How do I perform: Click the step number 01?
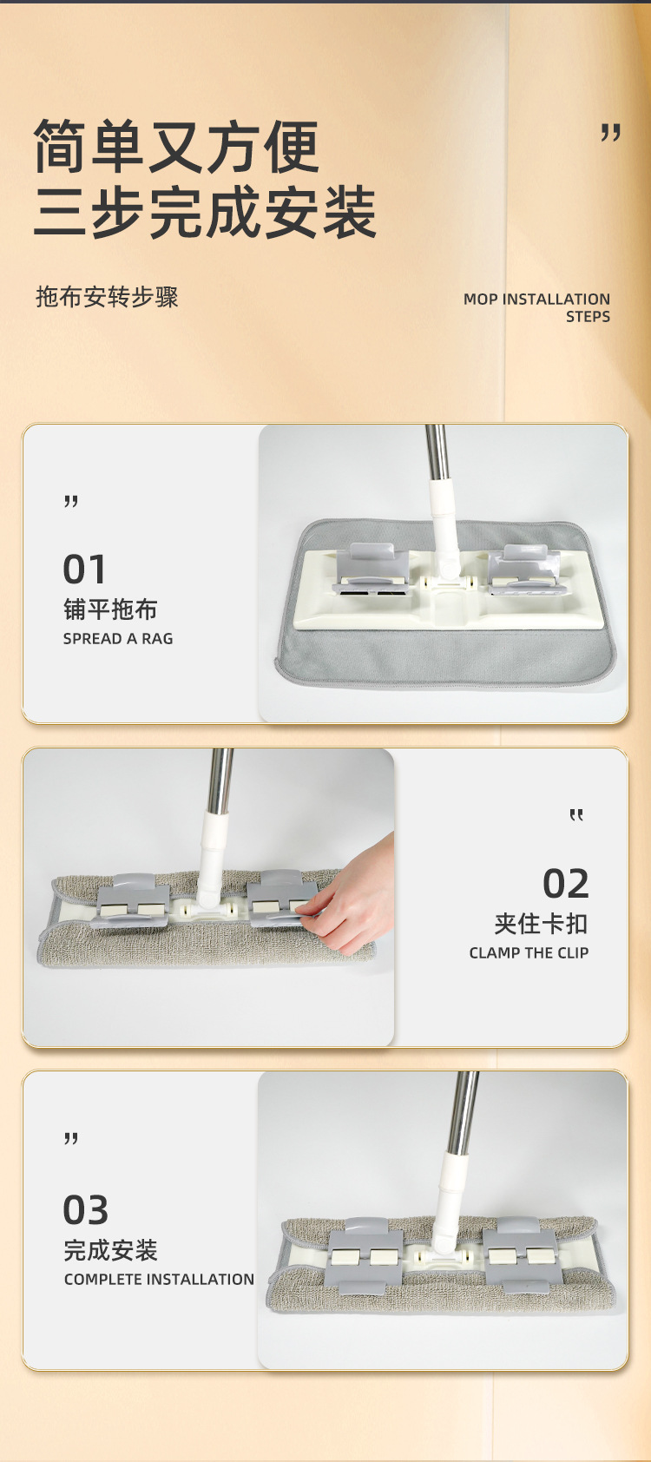pos(84,570)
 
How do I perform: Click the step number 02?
pos(566,884)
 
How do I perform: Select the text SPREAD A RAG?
pos(118,638)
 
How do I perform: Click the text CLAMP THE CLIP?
pos(529,953)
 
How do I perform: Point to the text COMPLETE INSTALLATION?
pos(159,1280)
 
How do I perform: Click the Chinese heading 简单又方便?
pos(176,146)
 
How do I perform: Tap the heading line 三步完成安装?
pos(205,212)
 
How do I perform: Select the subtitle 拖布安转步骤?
pos(107,297)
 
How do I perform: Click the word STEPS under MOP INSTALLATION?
pos(588,317)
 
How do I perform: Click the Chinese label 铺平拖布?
pos(110,609)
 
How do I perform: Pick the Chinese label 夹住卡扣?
pos(542,924)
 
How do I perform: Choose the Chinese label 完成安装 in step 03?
pos(111,1250)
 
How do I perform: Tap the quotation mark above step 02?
pos(576,815)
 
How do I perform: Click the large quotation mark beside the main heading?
pos(610,133)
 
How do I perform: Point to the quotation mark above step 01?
pos(71,501)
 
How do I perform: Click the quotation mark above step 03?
pos(71,1139)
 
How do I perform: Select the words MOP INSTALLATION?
pos(536,299)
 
